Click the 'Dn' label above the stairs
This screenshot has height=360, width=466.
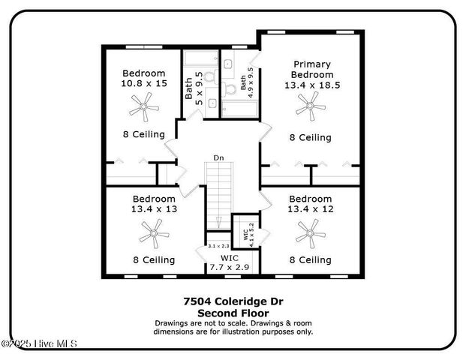pyautogui.click(x=218, y=158)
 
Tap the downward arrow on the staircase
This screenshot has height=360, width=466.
pyautogui.click(x=218, y=222)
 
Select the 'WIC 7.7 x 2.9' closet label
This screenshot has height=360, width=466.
pyautogui.click(x=229, y=262)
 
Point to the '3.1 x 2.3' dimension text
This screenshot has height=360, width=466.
pyautogui.click(x=218, y=246)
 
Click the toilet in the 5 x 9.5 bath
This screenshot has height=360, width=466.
pyautogui.click(x=210, y=76)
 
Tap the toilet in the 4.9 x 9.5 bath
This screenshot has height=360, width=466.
pyautogui.click(x=230, y=88)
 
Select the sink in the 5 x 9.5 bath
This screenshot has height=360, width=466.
pyautogui.click(x=212, y=103)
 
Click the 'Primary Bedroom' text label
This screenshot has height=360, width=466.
pyautogui.click(x=312, y=70)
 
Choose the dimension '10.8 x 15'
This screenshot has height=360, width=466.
pyautogui.click(x=143, y=85)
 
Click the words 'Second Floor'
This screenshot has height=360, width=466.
pyautogui.click(x=233, y=313)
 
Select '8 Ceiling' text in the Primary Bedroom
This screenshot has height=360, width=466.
pyautogui.click(x=310, y=138)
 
